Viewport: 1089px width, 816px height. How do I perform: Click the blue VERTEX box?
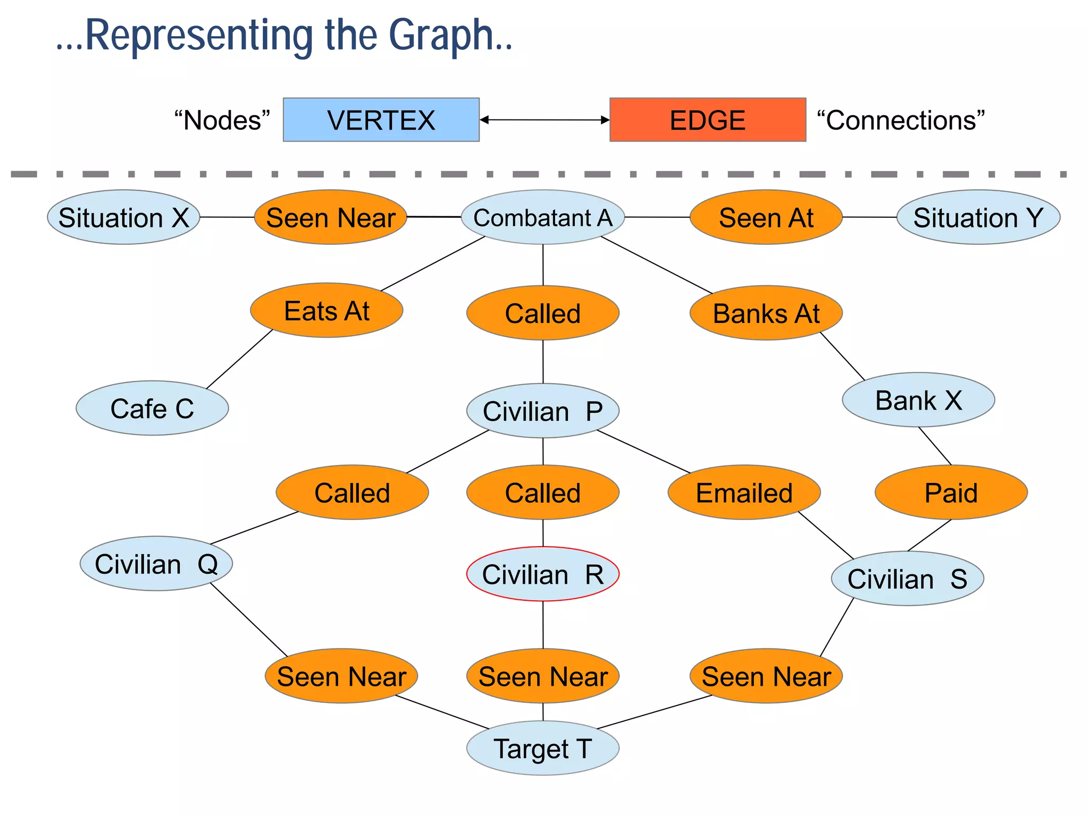coord(381,120)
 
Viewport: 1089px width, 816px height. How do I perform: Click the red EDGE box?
coord(707,120)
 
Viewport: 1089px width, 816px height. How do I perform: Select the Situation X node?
coord(123,217)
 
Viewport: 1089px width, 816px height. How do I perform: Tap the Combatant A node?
coord(542,217)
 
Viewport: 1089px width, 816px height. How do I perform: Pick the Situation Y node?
coord(978,217)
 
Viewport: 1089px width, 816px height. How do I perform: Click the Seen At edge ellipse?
coord(766,217)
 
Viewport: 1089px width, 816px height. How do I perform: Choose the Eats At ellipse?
coord(326,310)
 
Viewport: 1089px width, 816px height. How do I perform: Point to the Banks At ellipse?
coord(766,313)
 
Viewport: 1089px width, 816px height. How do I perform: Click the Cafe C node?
coord(152,408)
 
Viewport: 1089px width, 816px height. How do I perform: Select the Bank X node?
coord(918,399)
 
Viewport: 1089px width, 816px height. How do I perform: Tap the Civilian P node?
coord(542,411)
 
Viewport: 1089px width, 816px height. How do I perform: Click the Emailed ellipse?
coord(744,492)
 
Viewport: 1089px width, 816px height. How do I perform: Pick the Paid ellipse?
coord(951,492)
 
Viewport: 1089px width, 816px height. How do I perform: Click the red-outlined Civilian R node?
coord(542,574)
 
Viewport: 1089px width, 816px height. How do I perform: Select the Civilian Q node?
coord(156,563)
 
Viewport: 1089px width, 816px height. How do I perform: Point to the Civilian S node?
coord(907,578)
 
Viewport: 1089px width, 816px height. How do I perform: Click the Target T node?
coord(542,748)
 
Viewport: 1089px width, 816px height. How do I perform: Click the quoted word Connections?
coord(901,120)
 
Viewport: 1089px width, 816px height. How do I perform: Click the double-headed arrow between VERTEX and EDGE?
coord(544,120)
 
